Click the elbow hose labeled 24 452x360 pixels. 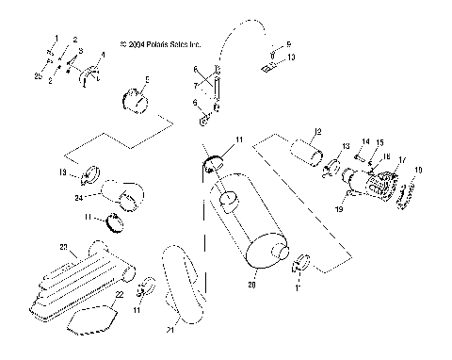click(122, 194)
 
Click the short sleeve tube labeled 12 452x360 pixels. click(306, 150)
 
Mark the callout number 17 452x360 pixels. click(402, 160)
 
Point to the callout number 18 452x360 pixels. click(419, 170)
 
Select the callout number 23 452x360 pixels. click(64, 247)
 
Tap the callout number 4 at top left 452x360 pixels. click(103, 55)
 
